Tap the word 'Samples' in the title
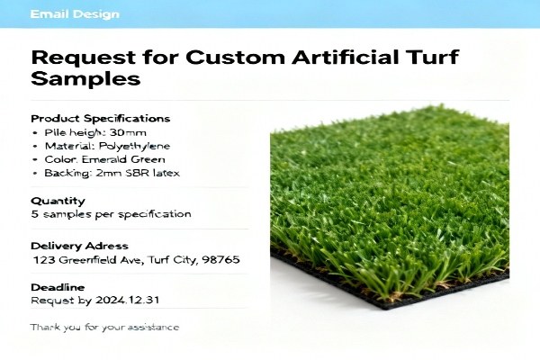tap(85, 78)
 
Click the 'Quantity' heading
tap(58, 201)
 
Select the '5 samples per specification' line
tap(111, 214)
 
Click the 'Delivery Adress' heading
tap(79, 246)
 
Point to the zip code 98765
tap(220, 260)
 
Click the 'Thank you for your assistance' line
tap(104, 327)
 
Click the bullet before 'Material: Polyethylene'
tap(33, 145)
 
